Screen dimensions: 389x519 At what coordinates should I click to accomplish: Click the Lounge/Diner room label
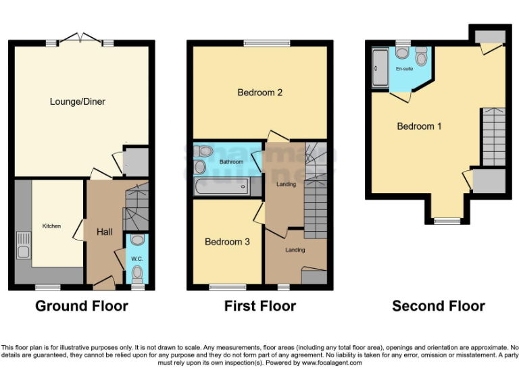pyautogui.click(x=78, y=102)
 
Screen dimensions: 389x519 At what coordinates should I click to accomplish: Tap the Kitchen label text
pyautogui.click(x=51, y=226)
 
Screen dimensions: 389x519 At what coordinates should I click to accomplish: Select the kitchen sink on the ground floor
pyautogui.click(x=22, y=246)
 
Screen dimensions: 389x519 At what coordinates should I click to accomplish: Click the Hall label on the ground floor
pyautogui.click(x=105, y=232)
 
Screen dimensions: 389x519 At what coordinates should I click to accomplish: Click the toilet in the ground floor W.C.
pyautogui.click(x=137, y=274)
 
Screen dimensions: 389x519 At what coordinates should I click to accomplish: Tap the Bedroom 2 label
pyautogui.click(x=259, y=93)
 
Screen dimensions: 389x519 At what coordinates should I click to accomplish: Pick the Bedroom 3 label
pyautogui.click(x=228, y=242)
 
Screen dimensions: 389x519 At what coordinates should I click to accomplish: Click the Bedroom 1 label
pyautogui.click(x=419, y=126)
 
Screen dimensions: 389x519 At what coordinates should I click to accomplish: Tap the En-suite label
pyautogui.click(x=404, y=69)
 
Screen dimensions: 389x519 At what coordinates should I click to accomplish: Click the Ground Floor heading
pyautogui.click(x=81, y=306)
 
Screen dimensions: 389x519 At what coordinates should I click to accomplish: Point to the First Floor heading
pyautogui.click(x=259, y=306)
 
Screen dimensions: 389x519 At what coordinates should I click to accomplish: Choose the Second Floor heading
pyautogui.click(x=438, y=306)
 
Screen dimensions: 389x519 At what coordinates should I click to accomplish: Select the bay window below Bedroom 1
pyautogui.click(x=446, y=220)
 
